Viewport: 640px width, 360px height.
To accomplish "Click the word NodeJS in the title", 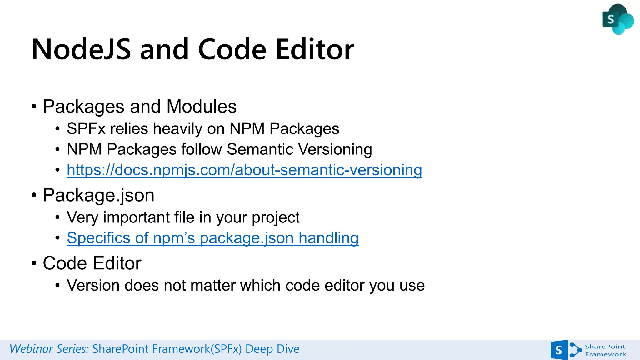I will pyautogui.click(x=81, y=49).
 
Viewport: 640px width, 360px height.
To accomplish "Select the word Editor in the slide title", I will pyautogui.click(x=315, y=49).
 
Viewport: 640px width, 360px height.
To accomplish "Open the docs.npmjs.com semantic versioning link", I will pyautogui.click(x=244, y=170).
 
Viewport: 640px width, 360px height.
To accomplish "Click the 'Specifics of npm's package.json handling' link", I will pyautogui.click(x=212, y=238).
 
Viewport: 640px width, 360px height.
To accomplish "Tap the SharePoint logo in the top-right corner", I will pyautogui.click(x=617, y=19).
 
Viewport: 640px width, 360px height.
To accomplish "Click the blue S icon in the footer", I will pyautogui.click(x=559, y=350).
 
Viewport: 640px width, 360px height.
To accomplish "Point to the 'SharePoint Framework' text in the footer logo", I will pyautogui.click(x=605, y=350).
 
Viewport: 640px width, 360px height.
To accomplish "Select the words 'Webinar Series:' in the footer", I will pyautogui.click(x=49, y=349).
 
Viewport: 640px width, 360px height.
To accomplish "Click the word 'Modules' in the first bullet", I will pyautogui.click(x=202, y=107).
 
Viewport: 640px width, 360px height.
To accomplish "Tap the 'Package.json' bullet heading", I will pyautogui.click(x=98, y=195).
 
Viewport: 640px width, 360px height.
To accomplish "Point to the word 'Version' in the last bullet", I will pyautogui.click(x=93, y=285).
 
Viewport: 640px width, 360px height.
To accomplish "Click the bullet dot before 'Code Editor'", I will pyautogui.click(x=34, y=263).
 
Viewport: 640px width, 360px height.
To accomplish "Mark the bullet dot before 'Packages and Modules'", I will pyautogui.click(x=34, y=107).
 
